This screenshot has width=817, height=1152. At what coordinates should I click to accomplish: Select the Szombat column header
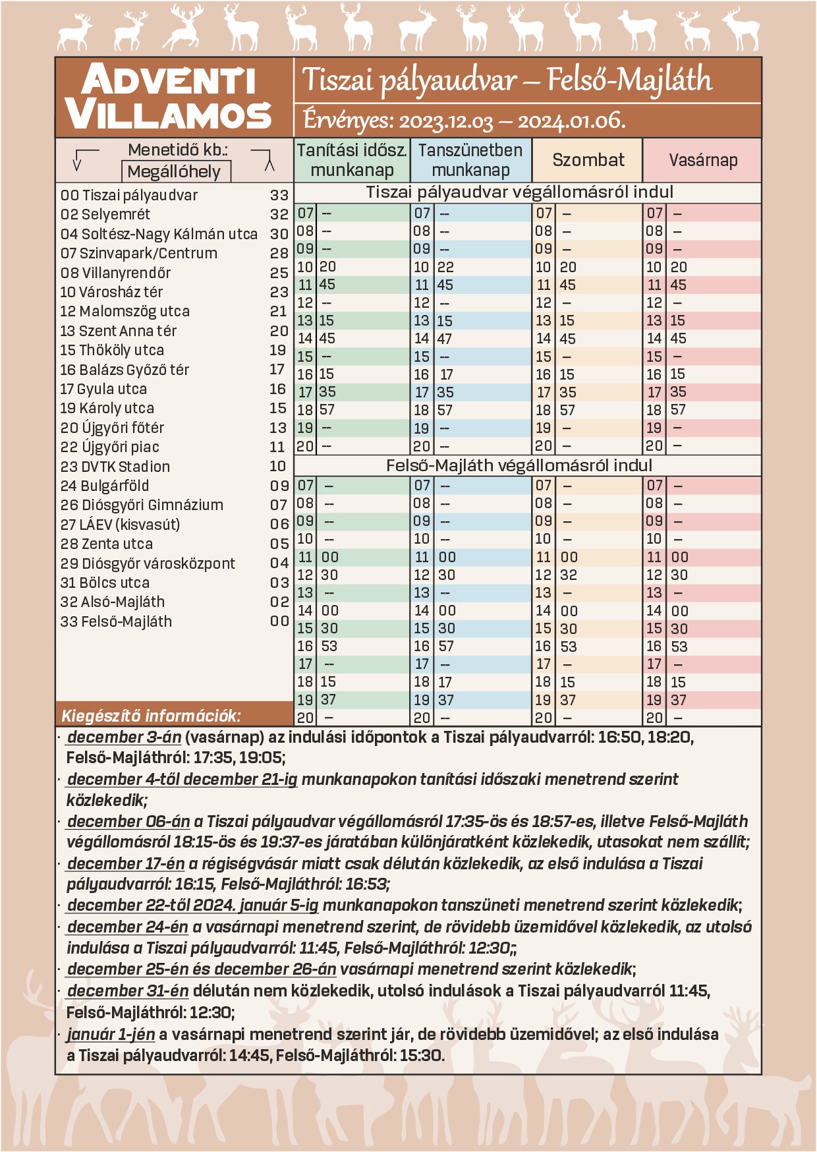[x=588, y=160]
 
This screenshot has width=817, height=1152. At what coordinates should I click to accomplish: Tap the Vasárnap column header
[x=702, y=160]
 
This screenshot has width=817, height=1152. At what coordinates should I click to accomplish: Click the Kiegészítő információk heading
[x=151, y=716]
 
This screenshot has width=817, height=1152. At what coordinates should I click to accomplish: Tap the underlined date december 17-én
[x=126, y=863]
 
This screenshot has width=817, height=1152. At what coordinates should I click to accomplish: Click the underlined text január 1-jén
[x=111, y=1034]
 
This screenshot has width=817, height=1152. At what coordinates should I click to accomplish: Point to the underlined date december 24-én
[x=128, y=927]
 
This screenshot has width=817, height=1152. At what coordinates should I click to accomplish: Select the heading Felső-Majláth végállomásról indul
[x=519, y=465]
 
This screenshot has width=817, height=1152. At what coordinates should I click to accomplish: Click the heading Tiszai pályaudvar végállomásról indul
[x=519, y=192]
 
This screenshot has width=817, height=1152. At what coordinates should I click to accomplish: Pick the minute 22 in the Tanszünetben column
[x=445, y=267]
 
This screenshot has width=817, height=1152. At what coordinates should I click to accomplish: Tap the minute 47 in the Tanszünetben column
[x=445, y=339]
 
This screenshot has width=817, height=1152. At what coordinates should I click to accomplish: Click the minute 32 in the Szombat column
[x=568, y=575]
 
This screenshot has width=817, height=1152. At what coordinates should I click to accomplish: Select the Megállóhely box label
[x=174, y=172]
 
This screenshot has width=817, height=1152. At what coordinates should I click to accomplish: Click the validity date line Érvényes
[x=464, y=121]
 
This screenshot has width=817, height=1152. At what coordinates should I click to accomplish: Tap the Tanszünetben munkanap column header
[x=470, y=160]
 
